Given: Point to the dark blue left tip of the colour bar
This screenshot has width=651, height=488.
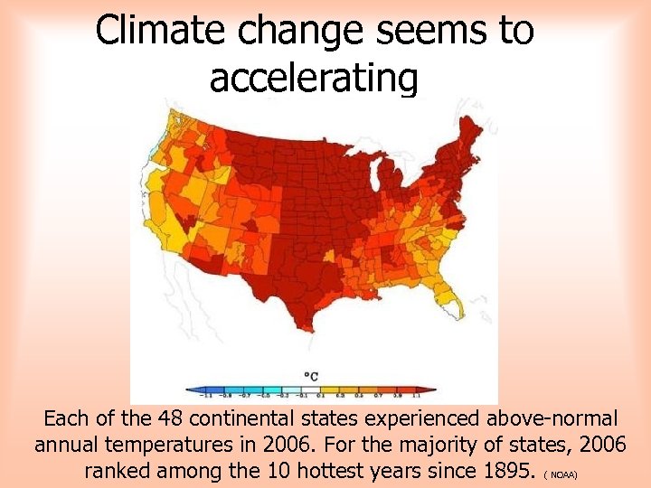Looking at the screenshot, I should (x=190, y=390).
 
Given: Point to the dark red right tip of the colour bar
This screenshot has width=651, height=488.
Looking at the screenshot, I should (x=432, y=390).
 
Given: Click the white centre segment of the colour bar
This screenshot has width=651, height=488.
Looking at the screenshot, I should (x=311, y=390).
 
